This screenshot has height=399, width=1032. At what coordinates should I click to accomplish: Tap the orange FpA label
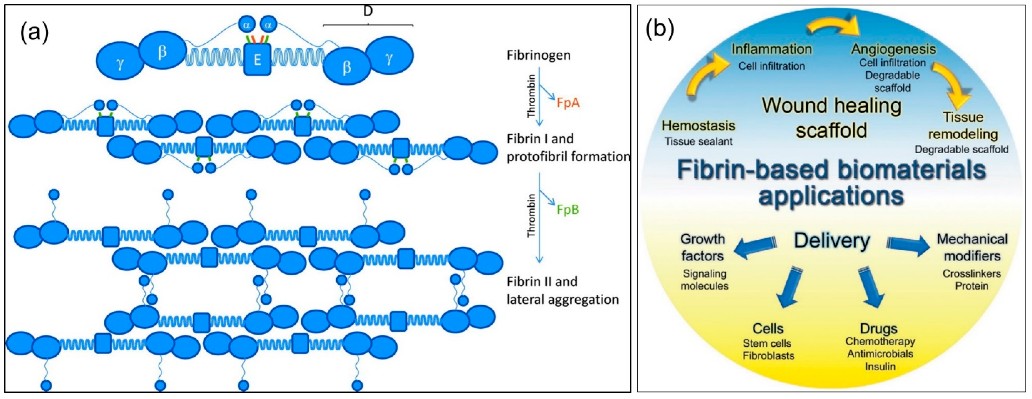pyautogui.click(x=568, y=103)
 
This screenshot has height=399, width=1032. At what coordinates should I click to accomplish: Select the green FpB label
pyautogui.click(x=568, y=210)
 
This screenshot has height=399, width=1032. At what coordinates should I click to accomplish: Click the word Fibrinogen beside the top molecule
pyautogui.click(x=538, y=55)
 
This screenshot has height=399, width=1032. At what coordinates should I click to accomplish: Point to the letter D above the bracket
pyautogui.click(x=368, y=11)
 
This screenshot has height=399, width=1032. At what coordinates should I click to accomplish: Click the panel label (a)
pyautogui.click(x=34, y=32)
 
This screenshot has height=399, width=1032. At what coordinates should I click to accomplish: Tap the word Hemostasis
pyautogui.click(x=698, y=125)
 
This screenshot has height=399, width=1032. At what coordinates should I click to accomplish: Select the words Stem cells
pyautogui.click(x=767, y=343)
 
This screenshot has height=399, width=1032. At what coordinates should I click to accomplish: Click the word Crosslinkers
pyautogui.click(x=972, y=274)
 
